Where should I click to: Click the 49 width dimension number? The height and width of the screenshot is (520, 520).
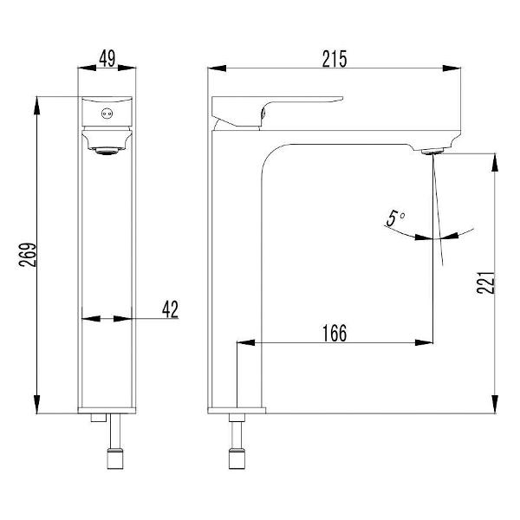pos(107,58)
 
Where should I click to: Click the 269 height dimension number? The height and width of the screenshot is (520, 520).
pos(28,255)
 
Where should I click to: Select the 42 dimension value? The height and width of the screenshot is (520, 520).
pos(170,309)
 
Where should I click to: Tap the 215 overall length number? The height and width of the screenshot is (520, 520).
pos(335,59)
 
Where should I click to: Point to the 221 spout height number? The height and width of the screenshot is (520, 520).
pos(486,283)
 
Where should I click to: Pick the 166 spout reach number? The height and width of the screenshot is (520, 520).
pos(335,333)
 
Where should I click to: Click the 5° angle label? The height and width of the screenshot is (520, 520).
pos(395,218)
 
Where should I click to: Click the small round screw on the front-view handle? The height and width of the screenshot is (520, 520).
pos(107,114)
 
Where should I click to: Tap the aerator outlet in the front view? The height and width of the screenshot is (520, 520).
pos(107,151)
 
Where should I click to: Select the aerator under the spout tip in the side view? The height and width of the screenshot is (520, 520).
pos(432,152)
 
